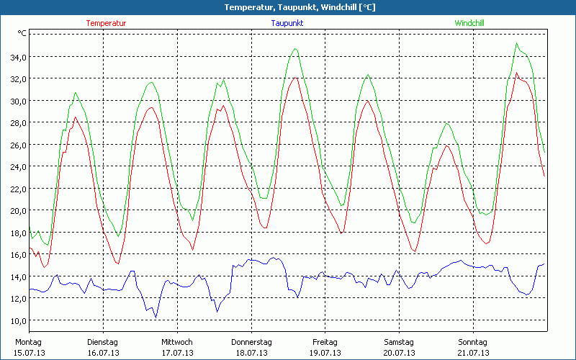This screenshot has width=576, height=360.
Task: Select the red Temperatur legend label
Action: coord(106,23)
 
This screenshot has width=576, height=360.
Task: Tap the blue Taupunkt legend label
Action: coord(287,23)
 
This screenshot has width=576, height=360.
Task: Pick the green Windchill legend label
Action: coord(469,23)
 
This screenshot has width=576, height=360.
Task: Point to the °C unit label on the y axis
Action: coord(22,33)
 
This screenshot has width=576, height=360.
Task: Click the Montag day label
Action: coord(28,342)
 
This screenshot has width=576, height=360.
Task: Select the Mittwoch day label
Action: coord(177,342)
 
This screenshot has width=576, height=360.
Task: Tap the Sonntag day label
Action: coord(472,342)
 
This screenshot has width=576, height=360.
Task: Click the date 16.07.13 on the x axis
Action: coord(103,353)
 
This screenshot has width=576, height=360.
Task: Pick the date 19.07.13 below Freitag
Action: coord(325,353)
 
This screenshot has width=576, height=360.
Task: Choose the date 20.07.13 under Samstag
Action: coord(399,353)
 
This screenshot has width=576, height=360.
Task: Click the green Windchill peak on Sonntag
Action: coord(516,43)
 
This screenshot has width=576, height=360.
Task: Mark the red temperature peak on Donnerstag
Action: coord(294,77)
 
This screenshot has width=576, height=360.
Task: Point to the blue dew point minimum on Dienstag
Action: coord(156,318)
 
